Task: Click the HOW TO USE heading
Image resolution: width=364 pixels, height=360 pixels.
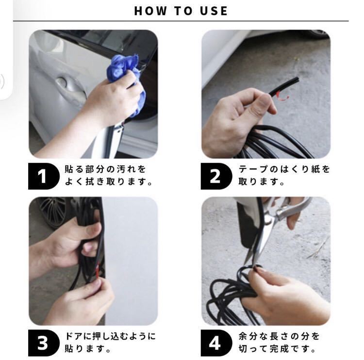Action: pyautogui.click(x=181, y=11)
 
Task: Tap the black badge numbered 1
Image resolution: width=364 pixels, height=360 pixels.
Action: pyautogui.click(x=44, y=176)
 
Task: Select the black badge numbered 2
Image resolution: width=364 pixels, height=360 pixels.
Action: pyautogui.click(x=216, y=176)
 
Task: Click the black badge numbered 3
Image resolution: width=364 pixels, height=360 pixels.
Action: pyautogui.click(x=44, y=343)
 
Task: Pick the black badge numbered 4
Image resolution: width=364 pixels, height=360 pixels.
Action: pyautogui.click(x=216, y=343)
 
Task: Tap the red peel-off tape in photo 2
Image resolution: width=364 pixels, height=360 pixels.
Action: pyautogui.click(x=282, y=97)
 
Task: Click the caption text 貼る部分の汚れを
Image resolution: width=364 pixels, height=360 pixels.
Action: pyautogui.click(x=105, y=169)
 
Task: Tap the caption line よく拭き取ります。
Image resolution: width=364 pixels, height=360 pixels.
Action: pyautogui.click(x=108, y=182)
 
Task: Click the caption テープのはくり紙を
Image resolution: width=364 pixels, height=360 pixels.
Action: pyautogui.click(x=284, y=169)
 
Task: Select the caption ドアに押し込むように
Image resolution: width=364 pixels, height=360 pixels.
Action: pyautogui.click(x=110, y=336)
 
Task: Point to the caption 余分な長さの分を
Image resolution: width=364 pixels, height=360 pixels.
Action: pyautogui.click(x=279, y=336)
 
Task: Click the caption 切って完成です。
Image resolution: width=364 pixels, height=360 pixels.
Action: pyautogui.click(x=277, y=348)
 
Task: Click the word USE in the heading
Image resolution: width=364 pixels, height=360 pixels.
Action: pyautogui.click(x=214, y=11)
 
